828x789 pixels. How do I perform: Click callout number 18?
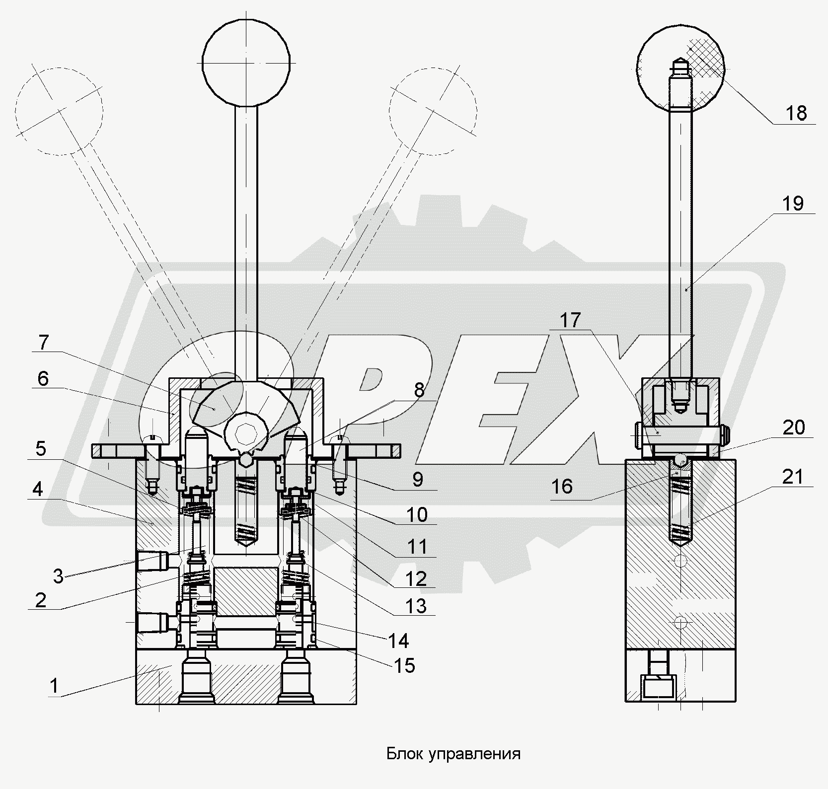(x=796, y=114)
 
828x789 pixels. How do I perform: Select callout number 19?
(x=793, y=204)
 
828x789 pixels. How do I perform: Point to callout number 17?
(x=571, y=320)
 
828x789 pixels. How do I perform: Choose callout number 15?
(x=405, y=665)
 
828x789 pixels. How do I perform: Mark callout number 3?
(x=58, y=576)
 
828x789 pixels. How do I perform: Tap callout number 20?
(x=793, y=427)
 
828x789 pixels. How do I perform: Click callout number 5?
(x=41, y=448)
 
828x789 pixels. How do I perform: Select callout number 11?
(x=417, y=547)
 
